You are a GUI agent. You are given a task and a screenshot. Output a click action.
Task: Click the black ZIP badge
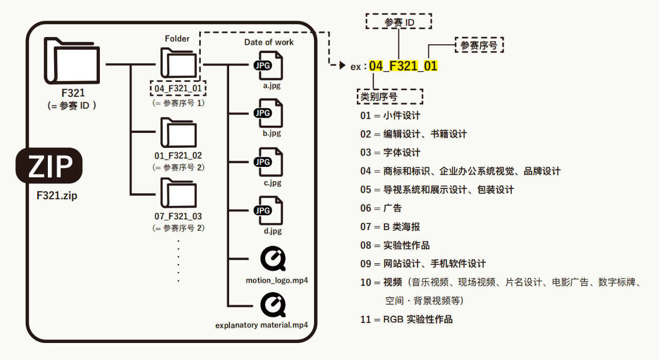49,166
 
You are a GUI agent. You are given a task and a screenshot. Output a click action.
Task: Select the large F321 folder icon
72,63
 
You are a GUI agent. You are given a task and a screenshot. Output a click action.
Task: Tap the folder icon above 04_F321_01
179,63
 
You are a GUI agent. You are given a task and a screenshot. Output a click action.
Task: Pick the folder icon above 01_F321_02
179,133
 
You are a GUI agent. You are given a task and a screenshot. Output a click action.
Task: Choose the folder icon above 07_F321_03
179,194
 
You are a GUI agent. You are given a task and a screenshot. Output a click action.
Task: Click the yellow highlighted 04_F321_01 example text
403,66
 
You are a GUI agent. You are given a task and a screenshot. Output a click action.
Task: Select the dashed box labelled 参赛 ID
399,22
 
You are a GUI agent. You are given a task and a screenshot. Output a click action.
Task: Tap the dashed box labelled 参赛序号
479,45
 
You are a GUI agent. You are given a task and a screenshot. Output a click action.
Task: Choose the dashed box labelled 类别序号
390,96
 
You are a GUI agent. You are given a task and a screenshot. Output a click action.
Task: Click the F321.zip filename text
54,196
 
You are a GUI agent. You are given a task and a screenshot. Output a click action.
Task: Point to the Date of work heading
269,42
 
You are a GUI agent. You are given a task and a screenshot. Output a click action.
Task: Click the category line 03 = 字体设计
390,152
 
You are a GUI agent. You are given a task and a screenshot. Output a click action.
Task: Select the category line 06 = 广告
381,208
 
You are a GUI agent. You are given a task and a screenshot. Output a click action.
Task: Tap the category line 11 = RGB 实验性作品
406,319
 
